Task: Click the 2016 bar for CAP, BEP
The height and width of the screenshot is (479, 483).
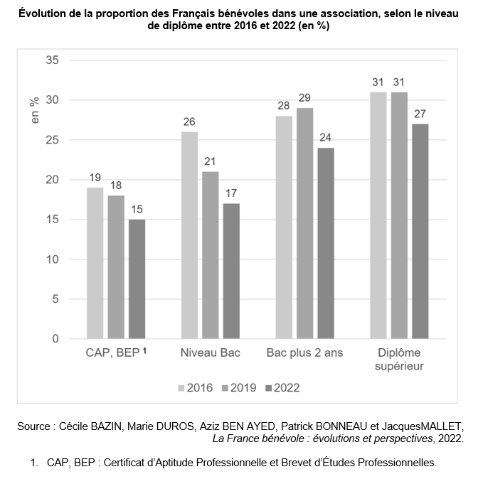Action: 95,263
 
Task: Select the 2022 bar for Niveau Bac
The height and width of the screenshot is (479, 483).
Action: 231,271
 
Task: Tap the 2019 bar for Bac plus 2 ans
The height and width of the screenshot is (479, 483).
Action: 304,223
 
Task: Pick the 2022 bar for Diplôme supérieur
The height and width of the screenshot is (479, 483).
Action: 420,231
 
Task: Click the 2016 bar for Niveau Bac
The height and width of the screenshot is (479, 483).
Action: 189,235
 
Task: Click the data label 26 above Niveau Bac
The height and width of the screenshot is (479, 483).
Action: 189,121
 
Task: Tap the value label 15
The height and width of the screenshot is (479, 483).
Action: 137,208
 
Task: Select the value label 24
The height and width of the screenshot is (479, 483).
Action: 326,136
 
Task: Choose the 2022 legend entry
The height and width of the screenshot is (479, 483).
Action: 282,388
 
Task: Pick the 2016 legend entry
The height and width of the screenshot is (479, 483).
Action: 194,388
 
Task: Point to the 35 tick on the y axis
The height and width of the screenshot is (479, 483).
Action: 51,60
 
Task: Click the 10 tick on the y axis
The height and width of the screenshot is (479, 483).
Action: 51,259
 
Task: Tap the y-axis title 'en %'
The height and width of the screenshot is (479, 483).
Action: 34,110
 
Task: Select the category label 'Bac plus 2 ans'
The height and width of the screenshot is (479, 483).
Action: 304,353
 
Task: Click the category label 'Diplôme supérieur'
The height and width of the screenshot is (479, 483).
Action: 399,360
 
